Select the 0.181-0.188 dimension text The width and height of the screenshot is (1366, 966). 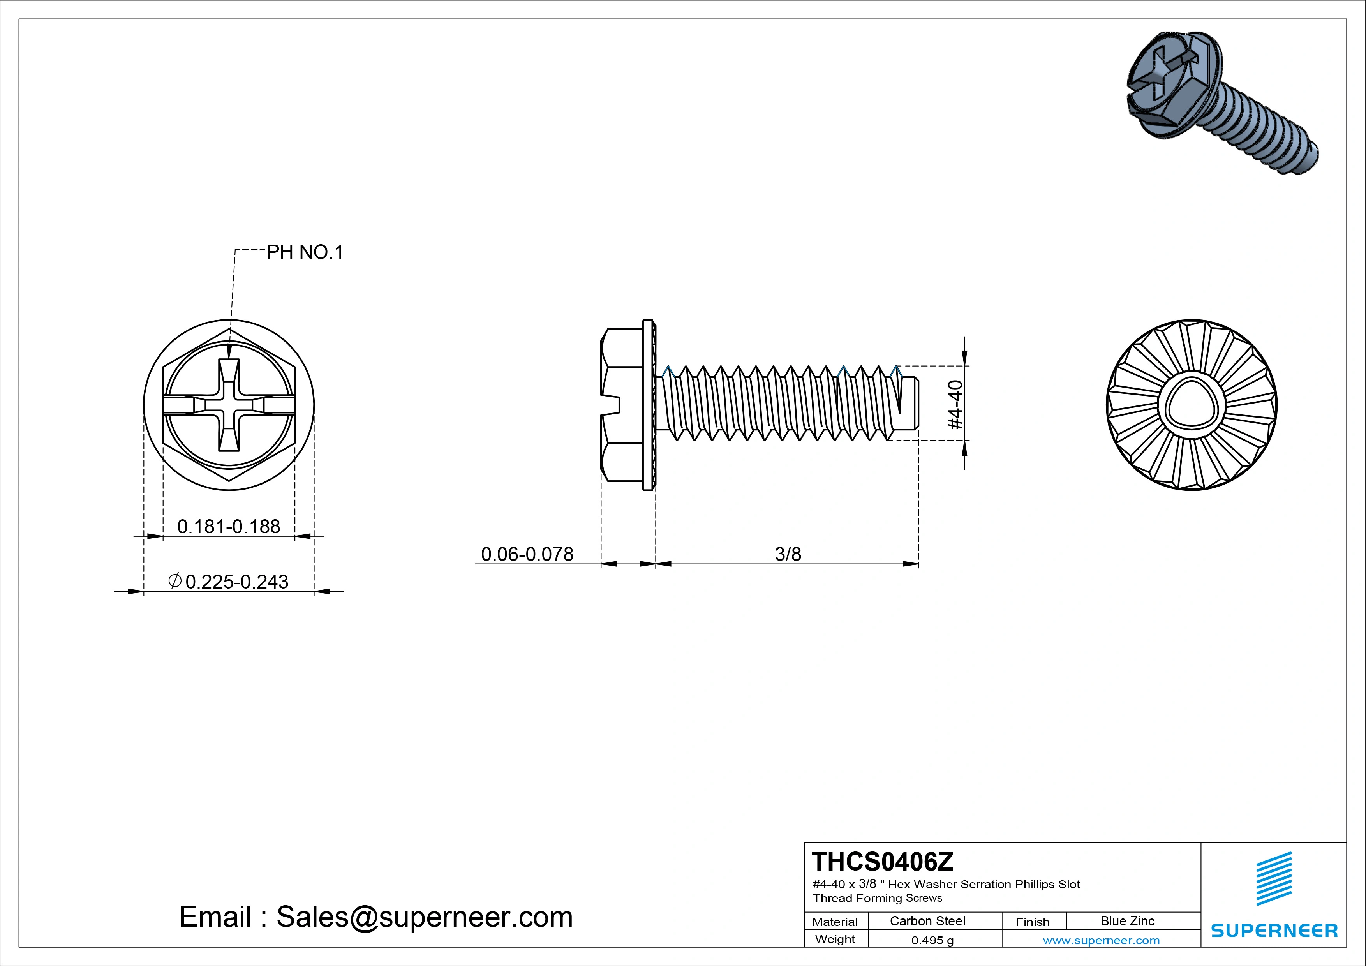[x=229, y=526]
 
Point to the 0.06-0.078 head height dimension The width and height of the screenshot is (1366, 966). [x=527, y=554]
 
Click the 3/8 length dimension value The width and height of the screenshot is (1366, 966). [x=788, y=554]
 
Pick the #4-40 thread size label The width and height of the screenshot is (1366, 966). [x=954, y=404]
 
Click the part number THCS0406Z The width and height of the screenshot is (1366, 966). [x=882, y=861]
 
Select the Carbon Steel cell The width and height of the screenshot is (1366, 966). [x=927, y=921]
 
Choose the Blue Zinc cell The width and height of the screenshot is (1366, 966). [x=1127, y=921]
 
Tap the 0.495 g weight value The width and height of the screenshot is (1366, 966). [x=932, y=940]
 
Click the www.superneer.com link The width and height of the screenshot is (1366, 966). [x=1101, y=940]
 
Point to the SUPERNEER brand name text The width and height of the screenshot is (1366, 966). [x=1274, y=930]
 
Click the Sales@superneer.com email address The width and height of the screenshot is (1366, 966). [x=424, y=917]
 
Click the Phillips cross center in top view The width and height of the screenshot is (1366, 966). [x=229, y=405]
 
